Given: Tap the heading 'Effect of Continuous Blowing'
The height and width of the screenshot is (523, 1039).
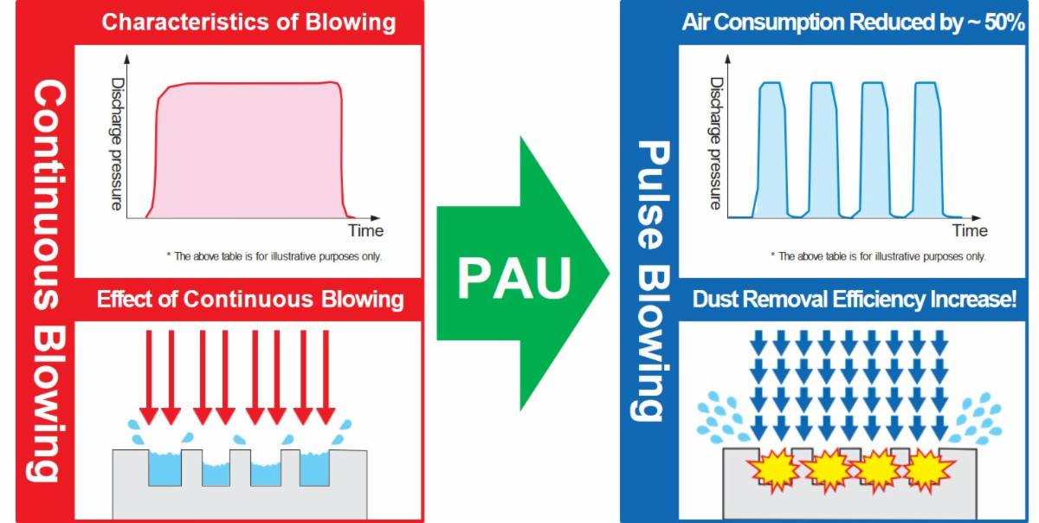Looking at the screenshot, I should coord(249,300).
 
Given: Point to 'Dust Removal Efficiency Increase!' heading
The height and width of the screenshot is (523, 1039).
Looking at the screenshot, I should coord(853,300).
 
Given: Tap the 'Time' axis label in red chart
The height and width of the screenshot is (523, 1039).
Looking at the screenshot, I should coord(365,231).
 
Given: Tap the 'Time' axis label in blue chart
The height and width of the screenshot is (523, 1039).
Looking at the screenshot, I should coord(970,231).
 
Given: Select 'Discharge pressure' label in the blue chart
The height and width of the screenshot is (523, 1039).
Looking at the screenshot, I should coord(716,144).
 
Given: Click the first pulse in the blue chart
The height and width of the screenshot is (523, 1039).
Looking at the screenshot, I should coord(771,147).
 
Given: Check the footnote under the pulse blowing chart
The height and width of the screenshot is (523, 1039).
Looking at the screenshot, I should coord(878,256).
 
